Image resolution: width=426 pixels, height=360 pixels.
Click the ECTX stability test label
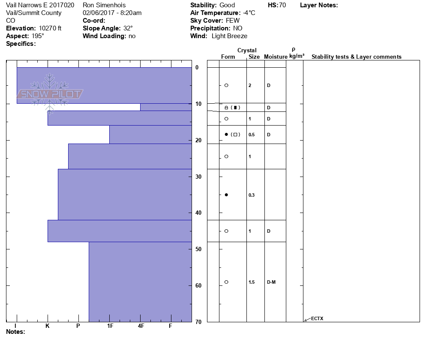coord(317,318)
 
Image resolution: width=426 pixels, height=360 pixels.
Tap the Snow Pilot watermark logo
coord(51,94)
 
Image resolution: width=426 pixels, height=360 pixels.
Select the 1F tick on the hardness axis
coord(110,326)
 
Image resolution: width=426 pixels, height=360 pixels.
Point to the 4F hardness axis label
coord(141,326)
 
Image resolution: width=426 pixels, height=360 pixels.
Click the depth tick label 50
coord(198,249)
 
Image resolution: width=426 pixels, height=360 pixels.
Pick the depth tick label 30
coord(198,177)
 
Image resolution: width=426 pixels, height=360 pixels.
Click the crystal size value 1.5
coord(252,282)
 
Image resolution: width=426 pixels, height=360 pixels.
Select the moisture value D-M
coord(271,282)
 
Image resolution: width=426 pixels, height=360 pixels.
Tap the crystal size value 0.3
coord(252,195)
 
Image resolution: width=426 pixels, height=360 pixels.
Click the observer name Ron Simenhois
coord(104,5)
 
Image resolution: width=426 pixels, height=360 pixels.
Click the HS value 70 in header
coord(282,5)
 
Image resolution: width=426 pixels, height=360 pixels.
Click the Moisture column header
coord(276,57)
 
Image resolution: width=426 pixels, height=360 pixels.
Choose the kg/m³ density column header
coord(297,56)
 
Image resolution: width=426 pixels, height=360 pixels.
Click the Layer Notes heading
coord(319,5)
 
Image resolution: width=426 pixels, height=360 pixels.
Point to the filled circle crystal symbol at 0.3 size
coord(226,195)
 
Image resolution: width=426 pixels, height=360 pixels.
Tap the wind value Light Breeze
coord(229,36)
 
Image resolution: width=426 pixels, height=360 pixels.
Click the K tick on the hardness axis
coord(48,326)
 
